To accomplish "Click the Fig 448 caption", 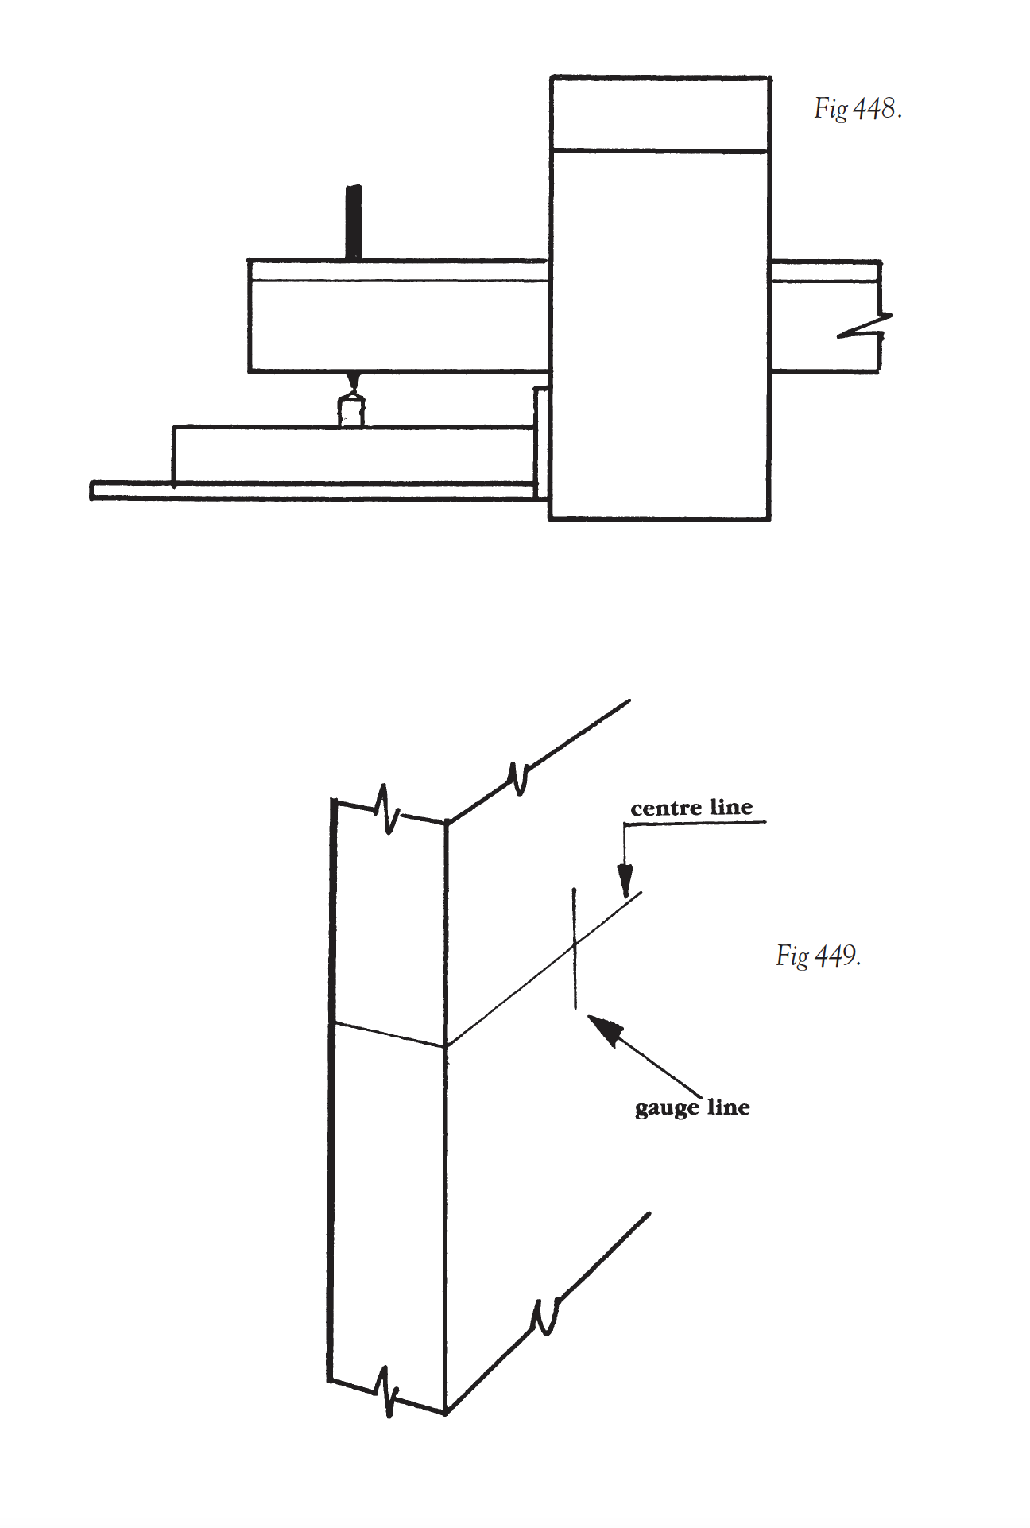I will coord(857,109).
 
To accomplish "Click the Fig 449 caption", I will coord(818,955).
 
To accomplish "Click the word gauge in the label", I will coord(667,1108).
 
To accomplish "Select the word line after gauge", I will coord(728,1107).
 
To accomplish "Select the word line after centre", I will coord(731,808).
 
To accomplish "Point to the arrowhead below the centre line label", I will coord(625,881).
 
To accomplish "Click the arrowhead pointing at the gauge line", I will coord(604,1030).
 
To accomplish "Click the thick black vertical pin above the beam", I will coord(354,223).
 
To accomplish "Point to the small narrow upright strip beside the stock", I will coord(541,442).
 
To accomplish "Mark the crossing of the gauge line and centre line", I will coord(575,945).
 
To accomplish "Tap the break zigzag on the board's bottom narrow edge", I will coord(387,1391).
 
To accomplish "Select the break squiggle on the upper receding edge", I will coord(518,778).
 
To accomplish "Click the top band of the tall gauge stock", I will coord(660,114).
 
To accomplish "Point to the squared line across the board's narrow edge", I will coord(388,1034).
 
